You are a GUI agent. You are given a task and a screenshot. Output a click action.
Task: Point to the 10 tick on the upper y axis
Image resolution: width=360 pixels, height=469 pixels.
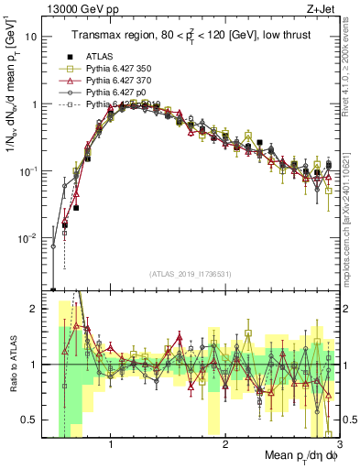point(32,38)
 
